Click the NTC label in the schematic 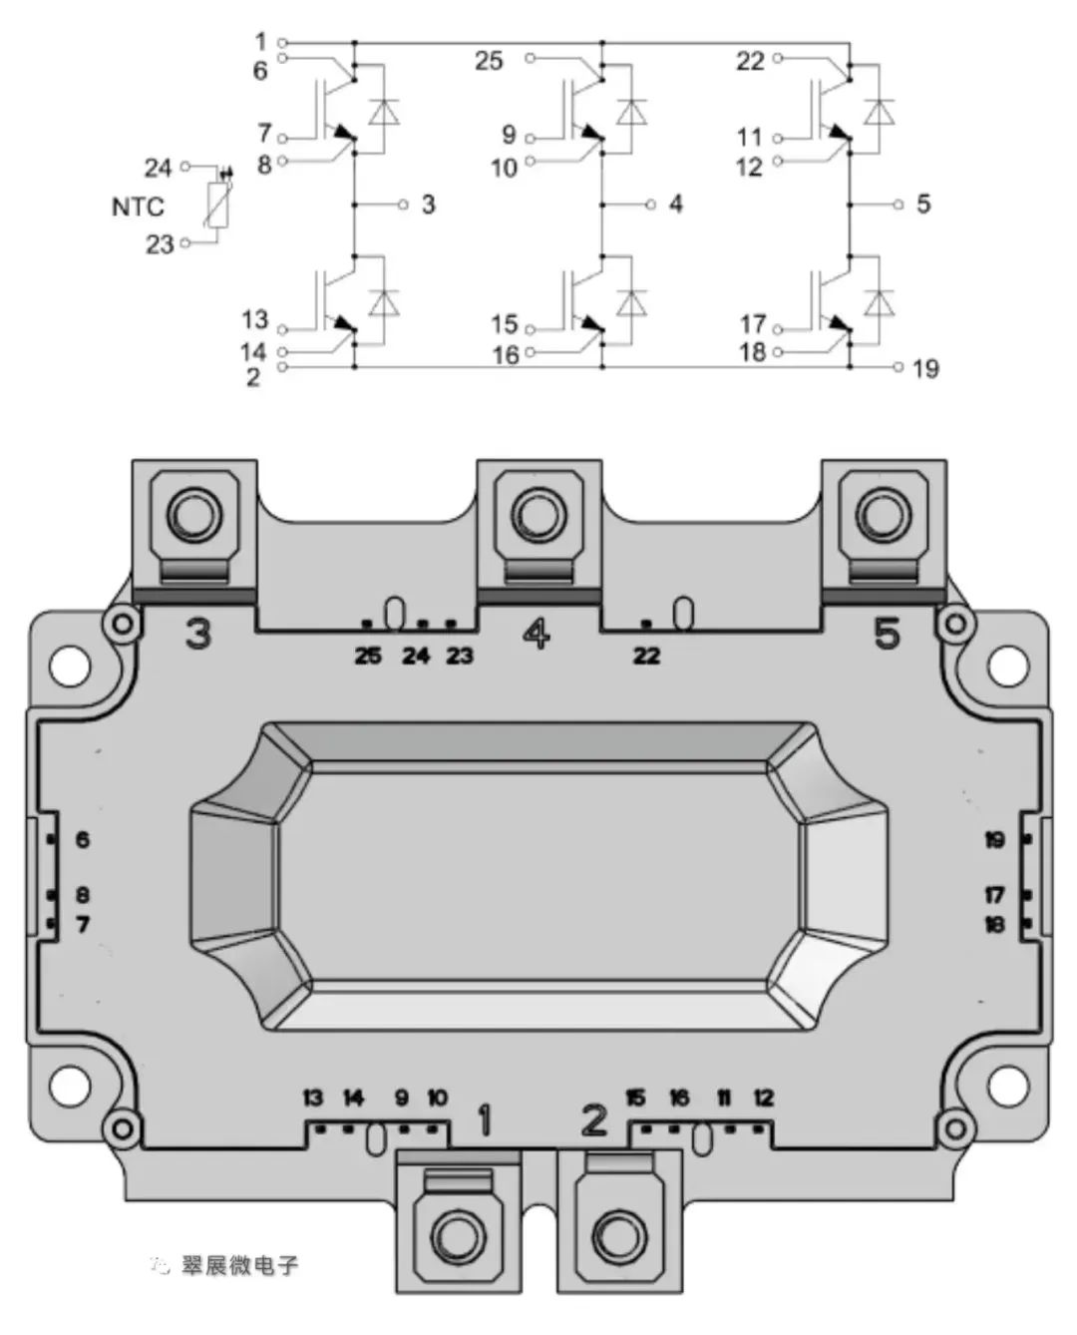(138, 207)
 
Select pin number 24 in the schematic (159, 168)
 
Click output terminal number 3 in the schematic (428, 205)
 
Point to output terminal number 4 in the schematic (675, 205)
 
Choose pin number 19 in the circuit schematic (924, 368)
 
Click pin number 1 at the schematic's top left (261, 42)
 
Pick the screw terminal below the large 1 (459, 1234)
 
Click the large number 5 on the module (887, 633)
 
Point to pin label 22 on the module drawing (646, 656)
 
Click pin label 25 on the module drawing (368, 656)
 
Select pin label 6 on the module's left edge (83, 839)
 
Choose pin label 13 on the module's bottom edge (313, 1099)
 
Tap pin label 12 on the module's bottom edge (763, 1099)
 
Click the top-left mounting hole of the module (70, 667)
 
